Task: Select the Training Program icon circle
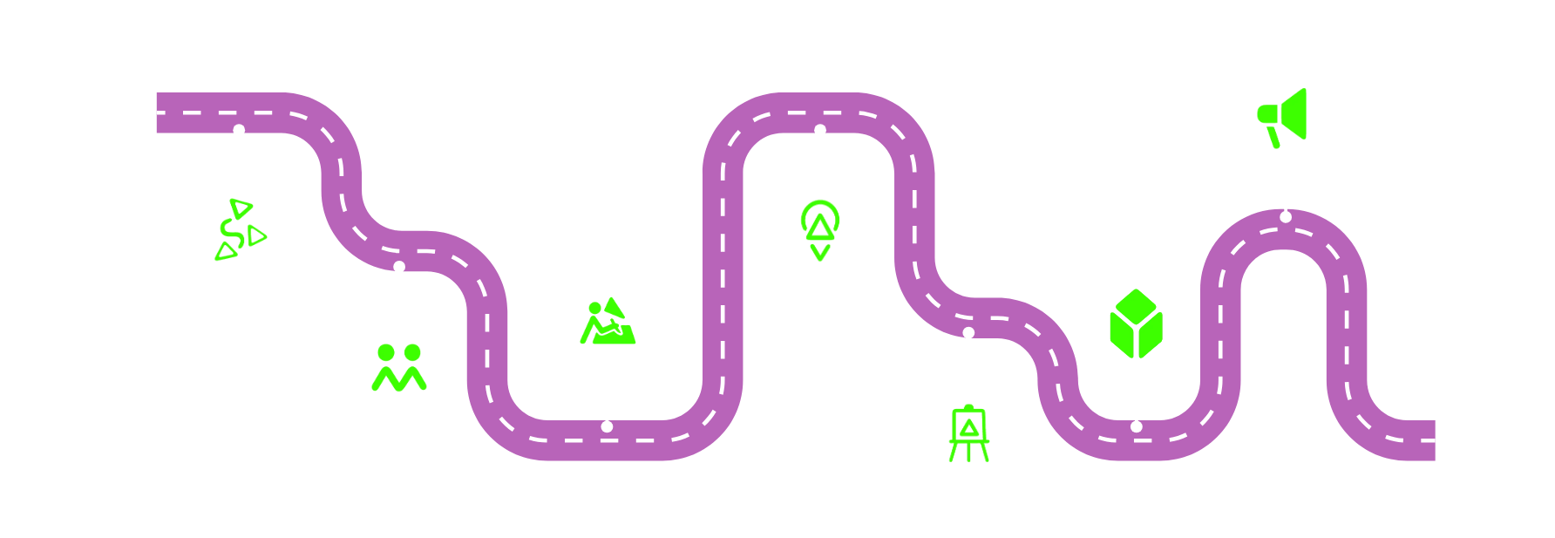(239, 232)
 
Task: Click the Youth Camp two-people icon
(399, 368)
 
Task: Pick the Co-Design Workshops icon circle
(607, 325)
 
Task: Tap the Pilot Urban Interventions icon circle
(819, 232)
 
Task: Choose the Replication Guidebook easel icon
(968, 433)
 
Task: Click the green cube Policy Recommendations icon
(1136, 325)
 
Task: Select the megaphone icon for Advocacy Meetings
(1285, 116)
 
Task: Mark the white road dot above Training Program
(239, 130)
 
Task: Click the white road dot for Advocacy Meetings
(1285, 216)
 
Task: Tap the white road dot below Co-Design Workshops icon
(607, 426)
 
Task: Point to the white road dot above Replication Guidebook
(968, 332)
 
